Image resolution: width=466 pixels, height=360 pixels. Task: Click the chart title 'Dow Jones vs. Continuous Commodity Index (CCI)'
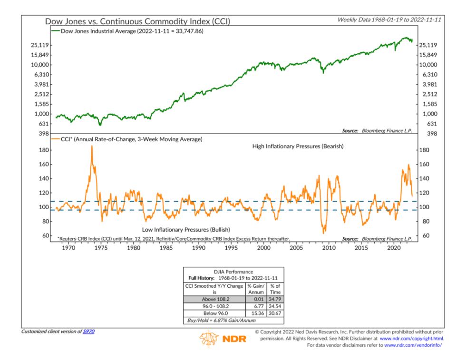coord(138,21)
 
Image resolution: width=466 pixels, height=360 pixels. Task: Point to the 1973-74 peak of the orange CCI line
coord(91,147)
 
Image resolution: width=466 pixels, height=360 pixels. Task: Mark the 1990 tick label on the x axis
coord(198,248)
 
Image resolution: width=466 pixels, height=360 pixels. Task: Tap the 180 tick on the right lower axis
coord(425,150)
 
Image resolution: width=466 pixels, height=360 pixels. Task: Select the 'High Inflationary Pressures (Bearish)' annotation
coord(298,146)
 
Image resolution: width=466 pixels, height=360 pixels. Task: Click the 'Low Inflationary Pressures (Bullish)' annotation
coord(186,229)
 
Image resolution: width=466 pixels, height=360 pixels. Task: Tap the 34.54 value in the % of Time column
coord(275,306)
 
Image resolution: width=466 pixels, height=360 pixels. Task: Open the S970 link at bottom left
coord(89,331)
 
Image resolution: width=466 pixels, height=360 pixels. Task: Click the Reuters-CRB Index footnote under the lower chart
coord(174,239)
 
